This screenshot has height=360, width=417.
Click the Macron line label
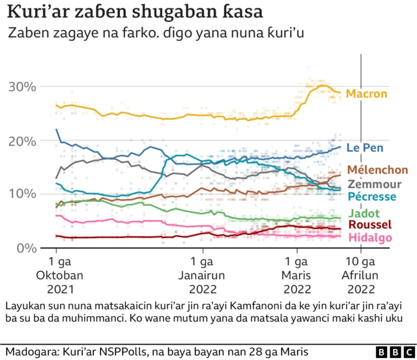point(366,94)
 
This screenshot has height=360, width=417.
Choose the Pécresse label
point(371,197)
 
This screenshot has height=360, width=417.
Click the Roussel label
point(369,225)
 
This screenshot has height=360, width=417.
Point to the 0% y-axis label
point(26,248)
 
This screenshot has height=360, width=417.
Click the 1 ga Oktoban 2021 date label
point(57,275)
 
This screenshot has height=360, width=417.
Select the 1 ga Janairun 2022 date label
point(202,275)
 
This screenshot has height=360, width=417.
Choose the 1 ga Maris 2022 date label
point(298,275)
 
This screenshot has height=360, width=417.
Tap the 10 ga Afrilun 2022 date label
point(359,275)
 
